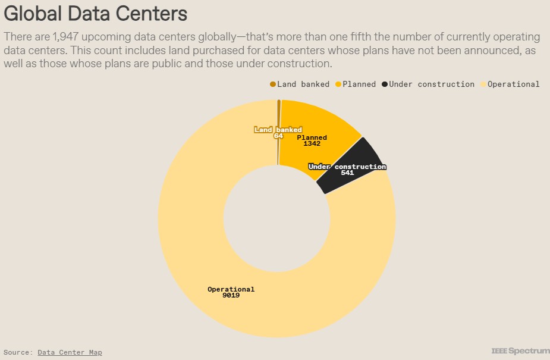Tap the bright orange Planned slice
pyautogui.click(x=324, y=122)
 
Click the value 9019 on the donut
pyautogui.click(x=231, y=296)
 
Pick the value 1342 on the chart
pyautogui.click(x=312, y=144)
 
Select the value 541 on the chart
pyautogui.click(x=348, y=173)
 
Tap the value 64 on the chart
pyautogui.click(x=278, y=136)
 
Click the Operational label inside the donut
pyautogui.click(x=231, y=289)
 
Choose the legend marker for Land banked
pyautogui.click(x=273, y=84)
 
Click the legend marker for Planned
pyautogui.click(x=338, y=84)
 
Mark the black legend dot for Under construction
pyautogui.click(x=385, y=84)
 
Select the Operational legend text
pyautogui.click(x=513, y=84)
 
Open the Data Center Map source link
pyautogui.click(x=70, y=352)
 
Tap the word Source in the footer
pyautogui.click(x=16, y=352)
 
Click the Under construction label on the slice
pyautogui.click(x=347, y=167)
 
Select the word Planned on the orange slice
pyautogui.click(x=312, y=137)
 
